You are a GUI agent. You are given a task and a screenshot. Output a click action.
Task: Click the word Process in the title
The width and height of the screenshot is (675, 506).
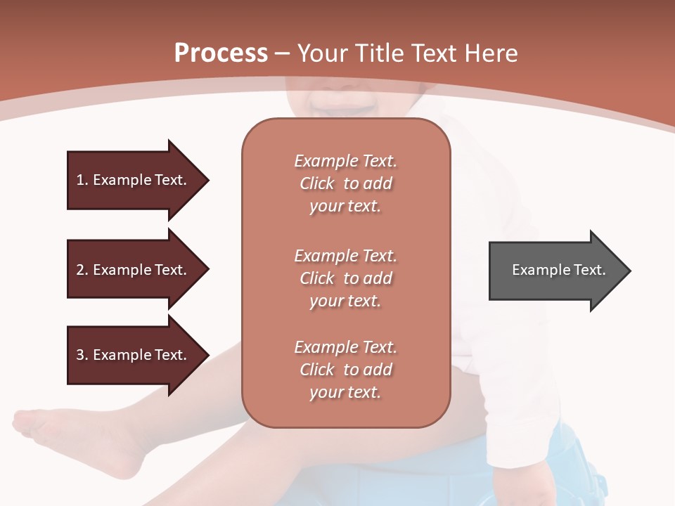pyautogui.click(x=221, y=53)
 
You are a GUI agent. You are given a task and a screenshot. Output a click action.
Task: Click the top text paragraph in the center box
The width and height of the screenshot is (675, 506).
pyautogui.click(x=345, y=183)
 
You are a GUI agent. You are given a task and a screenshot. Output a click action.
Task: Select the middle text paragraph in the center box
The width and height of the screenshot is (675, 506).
pyautogui.click(x=345, y=278)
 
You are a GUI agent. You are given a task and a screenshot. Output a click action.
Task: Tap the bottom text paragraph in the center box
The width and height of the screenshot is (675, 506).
pyautogui.click(x=345, y=370)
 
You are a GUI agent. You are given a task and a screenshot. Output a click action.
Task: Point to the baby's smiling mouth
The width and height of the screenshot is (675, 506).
pyautogui.click(x=345, y=105)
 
